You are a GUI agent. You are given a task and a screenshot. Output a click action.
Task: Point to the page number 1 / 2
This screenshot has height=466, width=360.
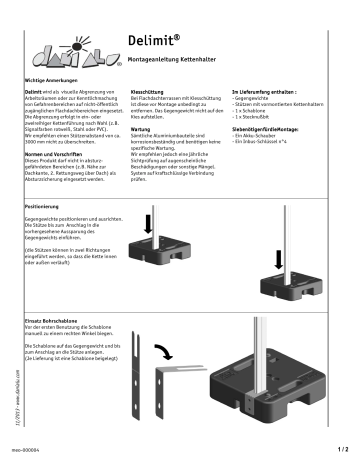click(342, 450)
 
